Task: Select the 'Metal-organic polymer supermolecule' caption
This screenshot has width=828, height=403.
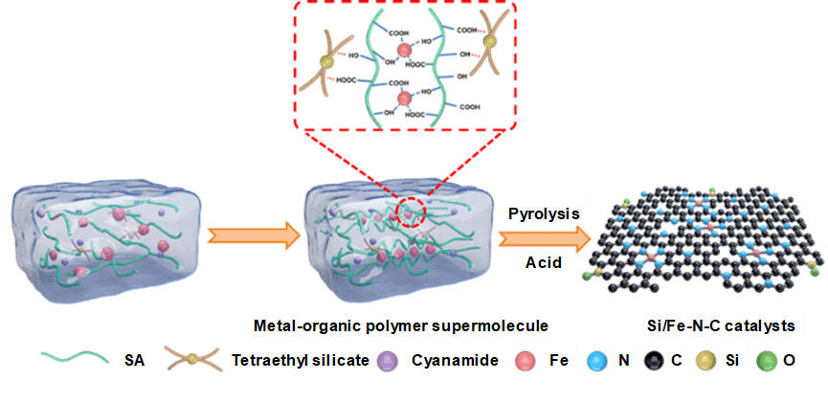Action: coord(402,325)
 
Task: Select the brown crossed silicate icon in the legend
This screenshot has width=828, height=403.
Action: coord(194,362)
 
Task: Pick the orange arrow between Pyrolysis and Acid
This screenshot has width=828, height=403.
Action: coord(546,237)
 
